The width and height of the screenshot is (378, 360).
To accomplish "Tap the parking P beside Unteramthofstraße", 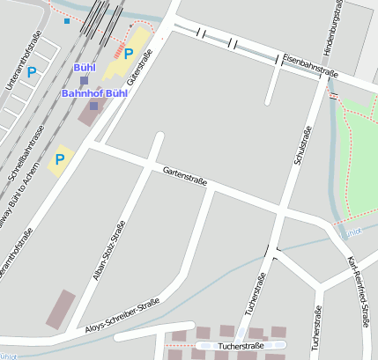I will point(32,72).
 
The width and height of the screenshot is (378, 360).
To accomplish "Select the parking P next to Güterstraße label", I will point(129,54).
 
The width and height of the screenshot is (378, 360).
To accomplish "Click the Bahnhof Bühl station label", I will point(94,92).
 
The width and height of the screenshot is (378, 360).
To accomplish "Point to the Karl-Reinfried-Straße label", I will point(359,290).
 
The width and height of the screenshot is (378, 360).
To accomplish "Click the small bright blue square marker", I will point(67,21).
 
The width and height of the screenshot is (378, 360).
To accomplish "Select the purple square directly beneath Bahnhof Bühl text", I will point(94,106).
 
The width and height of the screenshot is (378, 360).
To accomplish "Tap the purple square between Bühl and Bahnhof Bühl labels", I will point(84,80).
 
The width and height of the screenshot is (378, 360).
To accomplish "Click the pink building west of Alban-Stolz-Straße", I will point(61,309).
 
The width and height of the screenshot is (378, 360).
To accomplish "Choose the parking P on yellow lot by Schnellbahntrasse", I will point(60,159).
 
